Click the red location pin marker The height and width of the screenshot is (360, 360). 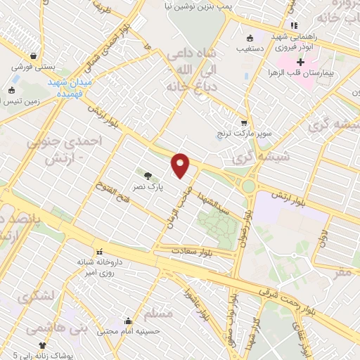coord(181,165)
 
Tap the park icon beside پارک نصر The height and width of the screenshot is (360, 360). coord(148,176)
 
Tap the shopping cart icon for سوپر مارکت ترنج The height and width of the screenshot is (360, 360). coord(243,122)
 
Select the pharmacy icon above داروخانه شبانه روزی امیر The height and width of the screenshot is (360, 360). coord(98,251)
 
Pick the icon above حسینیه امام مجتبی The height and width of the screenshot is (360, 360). coord(127,319)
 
